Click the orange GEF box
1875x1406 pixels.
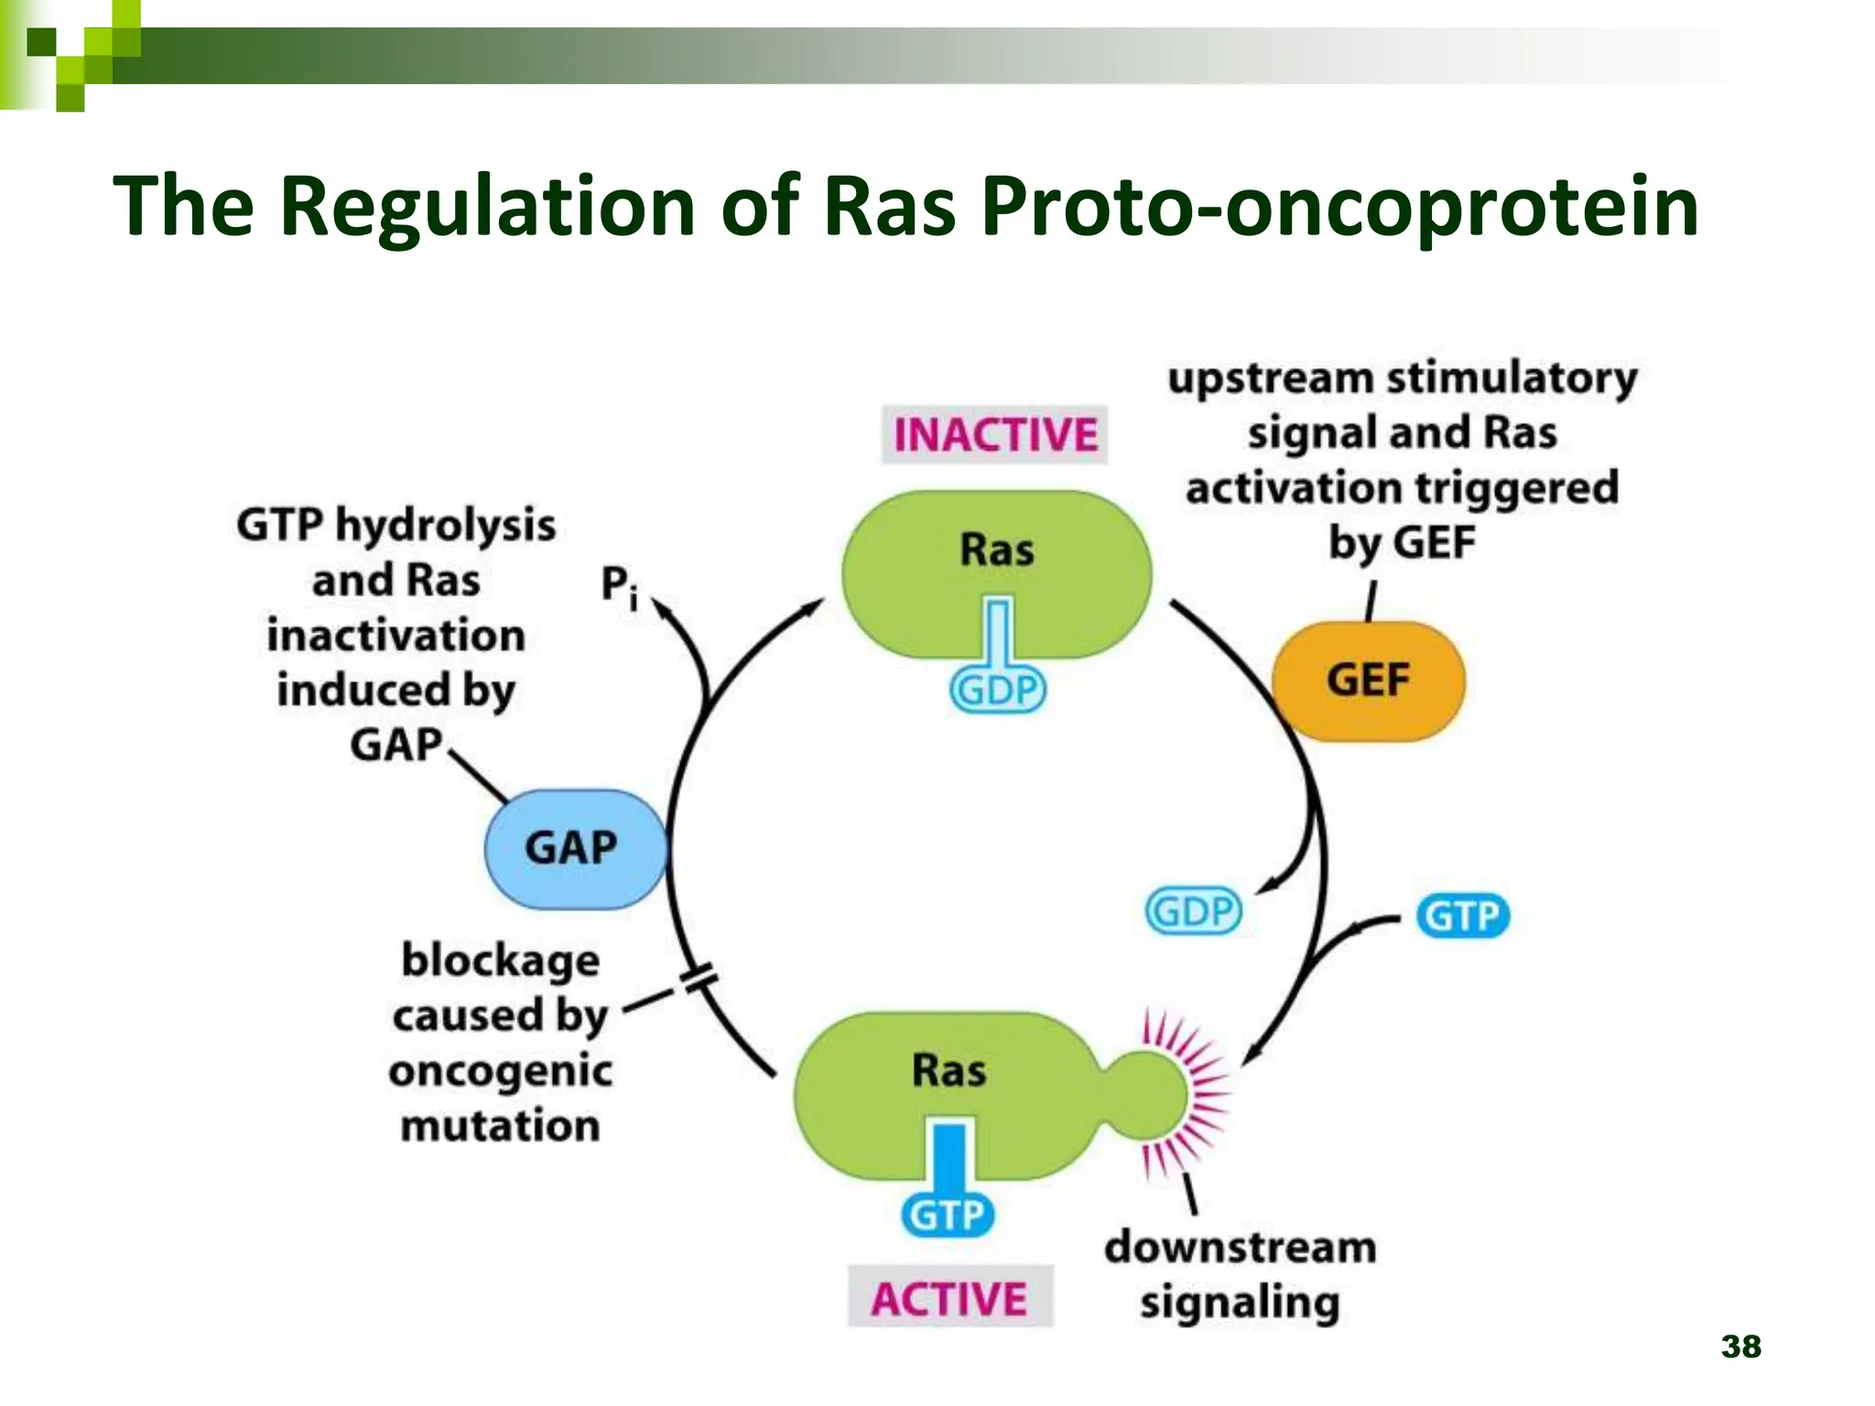coord(1368,681)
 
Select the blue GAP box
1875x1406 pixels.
coord(572,849)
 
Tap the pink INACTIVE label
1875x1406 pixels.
coord(994,435)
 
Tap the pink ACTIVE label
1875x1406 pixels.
coord(948,1298)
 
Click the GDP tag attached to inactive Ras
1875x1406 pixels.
coord(997,690)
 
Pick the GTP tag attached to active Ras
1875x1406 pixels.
coord(948,1216)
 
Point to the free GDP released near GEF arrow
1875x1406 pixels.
coord(1194,912)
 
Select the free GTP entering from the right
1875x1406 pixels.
coord(1462,916)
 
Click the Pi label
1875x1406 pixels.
coord(618,586)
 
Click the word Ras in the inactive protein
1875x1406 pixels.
coord(996,550)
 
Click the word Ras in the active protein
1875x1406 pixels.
coord(948,1070)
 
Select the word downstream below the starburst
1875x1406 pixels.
coord(1240,1248)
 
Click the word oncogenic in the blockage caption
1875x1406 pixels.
coord(500,1071)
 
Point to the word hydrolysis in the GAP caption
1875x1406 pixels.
coord(445,526)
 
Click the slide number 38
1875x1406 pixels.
coord(1740,1347)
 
